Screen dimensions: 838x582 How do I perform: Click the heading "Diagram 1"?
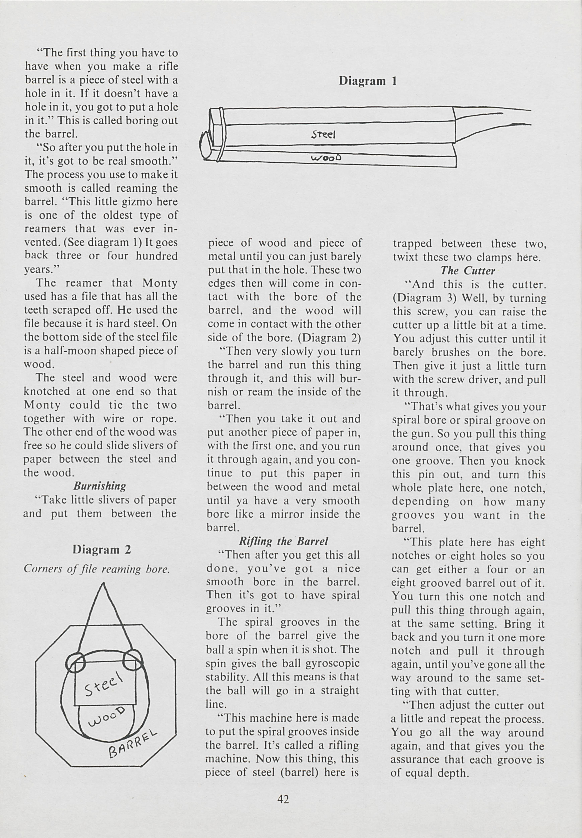coord(367,81)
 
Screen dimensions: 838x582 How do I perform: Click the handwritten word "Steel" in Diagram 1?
coord(323,135)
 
